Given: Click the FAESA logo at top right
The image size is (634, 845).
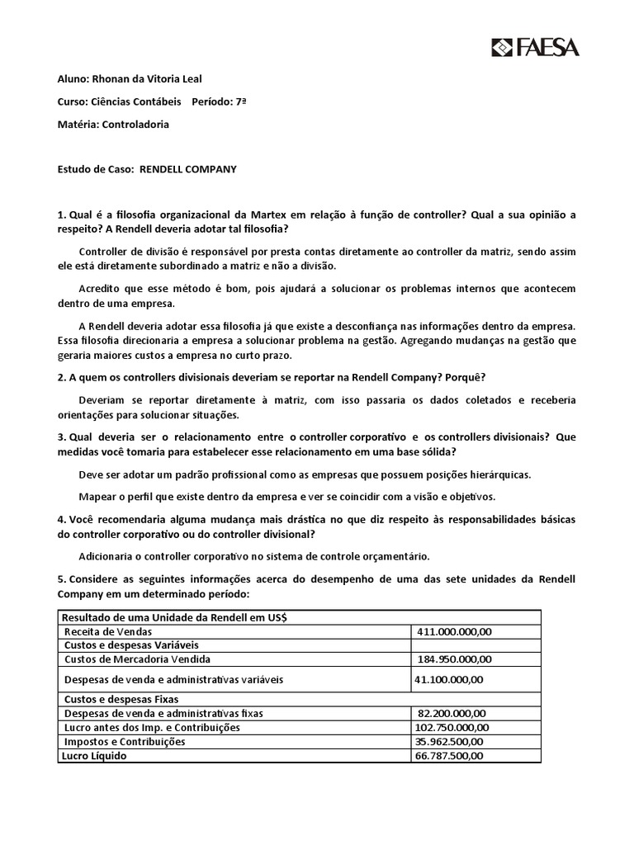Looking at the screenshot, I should (535, 47).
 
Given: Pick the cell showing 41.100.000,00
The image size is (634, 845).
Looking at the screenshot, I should (449, 679).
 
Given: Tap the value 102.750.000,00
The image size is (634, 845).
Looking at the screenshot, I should (452, 727).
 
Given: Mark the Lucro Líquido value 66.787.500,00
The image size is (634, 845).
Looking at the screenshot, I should (449, 755).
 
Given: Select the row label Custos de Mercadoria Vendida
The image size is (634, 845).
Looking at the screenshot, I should (137, 659).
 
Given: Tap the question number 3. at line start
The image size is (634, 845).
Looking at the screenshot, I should (61, 437).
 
